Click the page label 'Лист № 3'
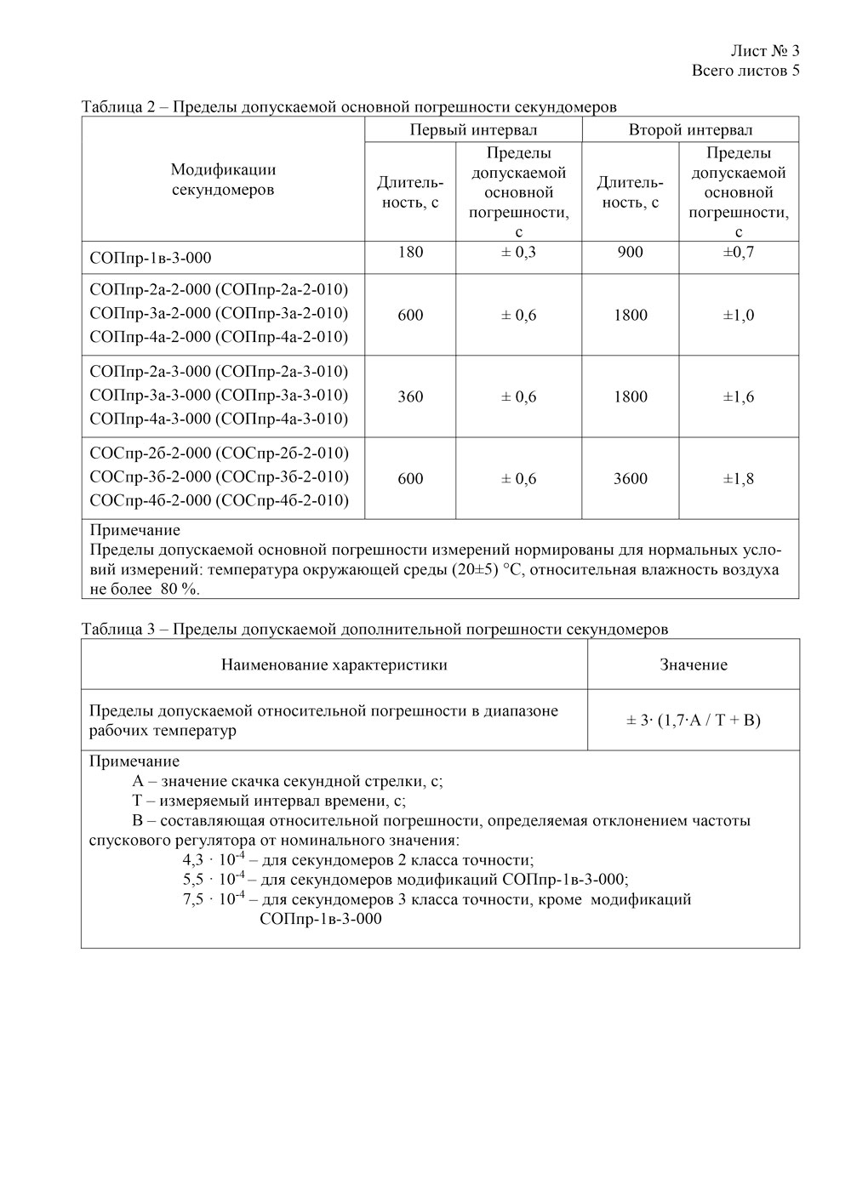click(x=765, y=51)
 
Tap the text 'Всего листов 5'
click(x=745, y=71)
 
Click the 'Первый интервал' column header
click(x=473, y=130)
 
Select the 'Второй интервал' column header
click(x=690, y=130)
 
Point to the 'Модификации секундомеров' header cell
click(x=223, y=180)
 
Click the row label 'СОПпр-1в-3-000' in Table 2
click(x=150, y=258)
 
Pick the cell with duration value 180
click(x=410, y=252)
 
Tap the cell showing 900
click(x=630, y=252)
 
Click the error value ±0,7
click(x=739, y=252)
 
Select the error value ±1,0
click(x=739, y=315)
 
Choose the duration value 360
click(x=410, y=396)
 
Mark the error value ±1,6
click(x=739, y=396)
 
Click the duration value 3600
click(x=630, y=479)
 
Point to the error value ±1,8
click(x=739, y=479)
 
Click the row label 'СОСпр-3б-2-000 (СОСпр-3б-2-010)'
click(x=219, y=476)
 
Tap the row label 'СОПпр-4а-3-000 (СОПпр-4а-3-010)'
click(x=219, y=419)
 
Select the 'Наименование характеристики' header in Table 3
click(x=334, y=664)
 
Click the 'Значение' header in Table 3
click(x=694, y=664)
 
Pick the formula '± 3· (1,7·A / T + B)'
click(x=694, y=721)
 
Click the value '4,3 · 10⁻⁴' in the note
click(x=214, y=859)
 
